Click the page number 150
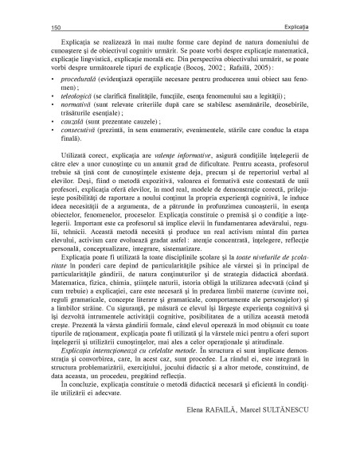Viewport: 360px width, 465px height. pyautogui.click(x=57, y=26)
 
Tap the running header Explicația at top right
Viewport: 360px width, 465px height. pyautogui.click(x=294, y=26)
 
